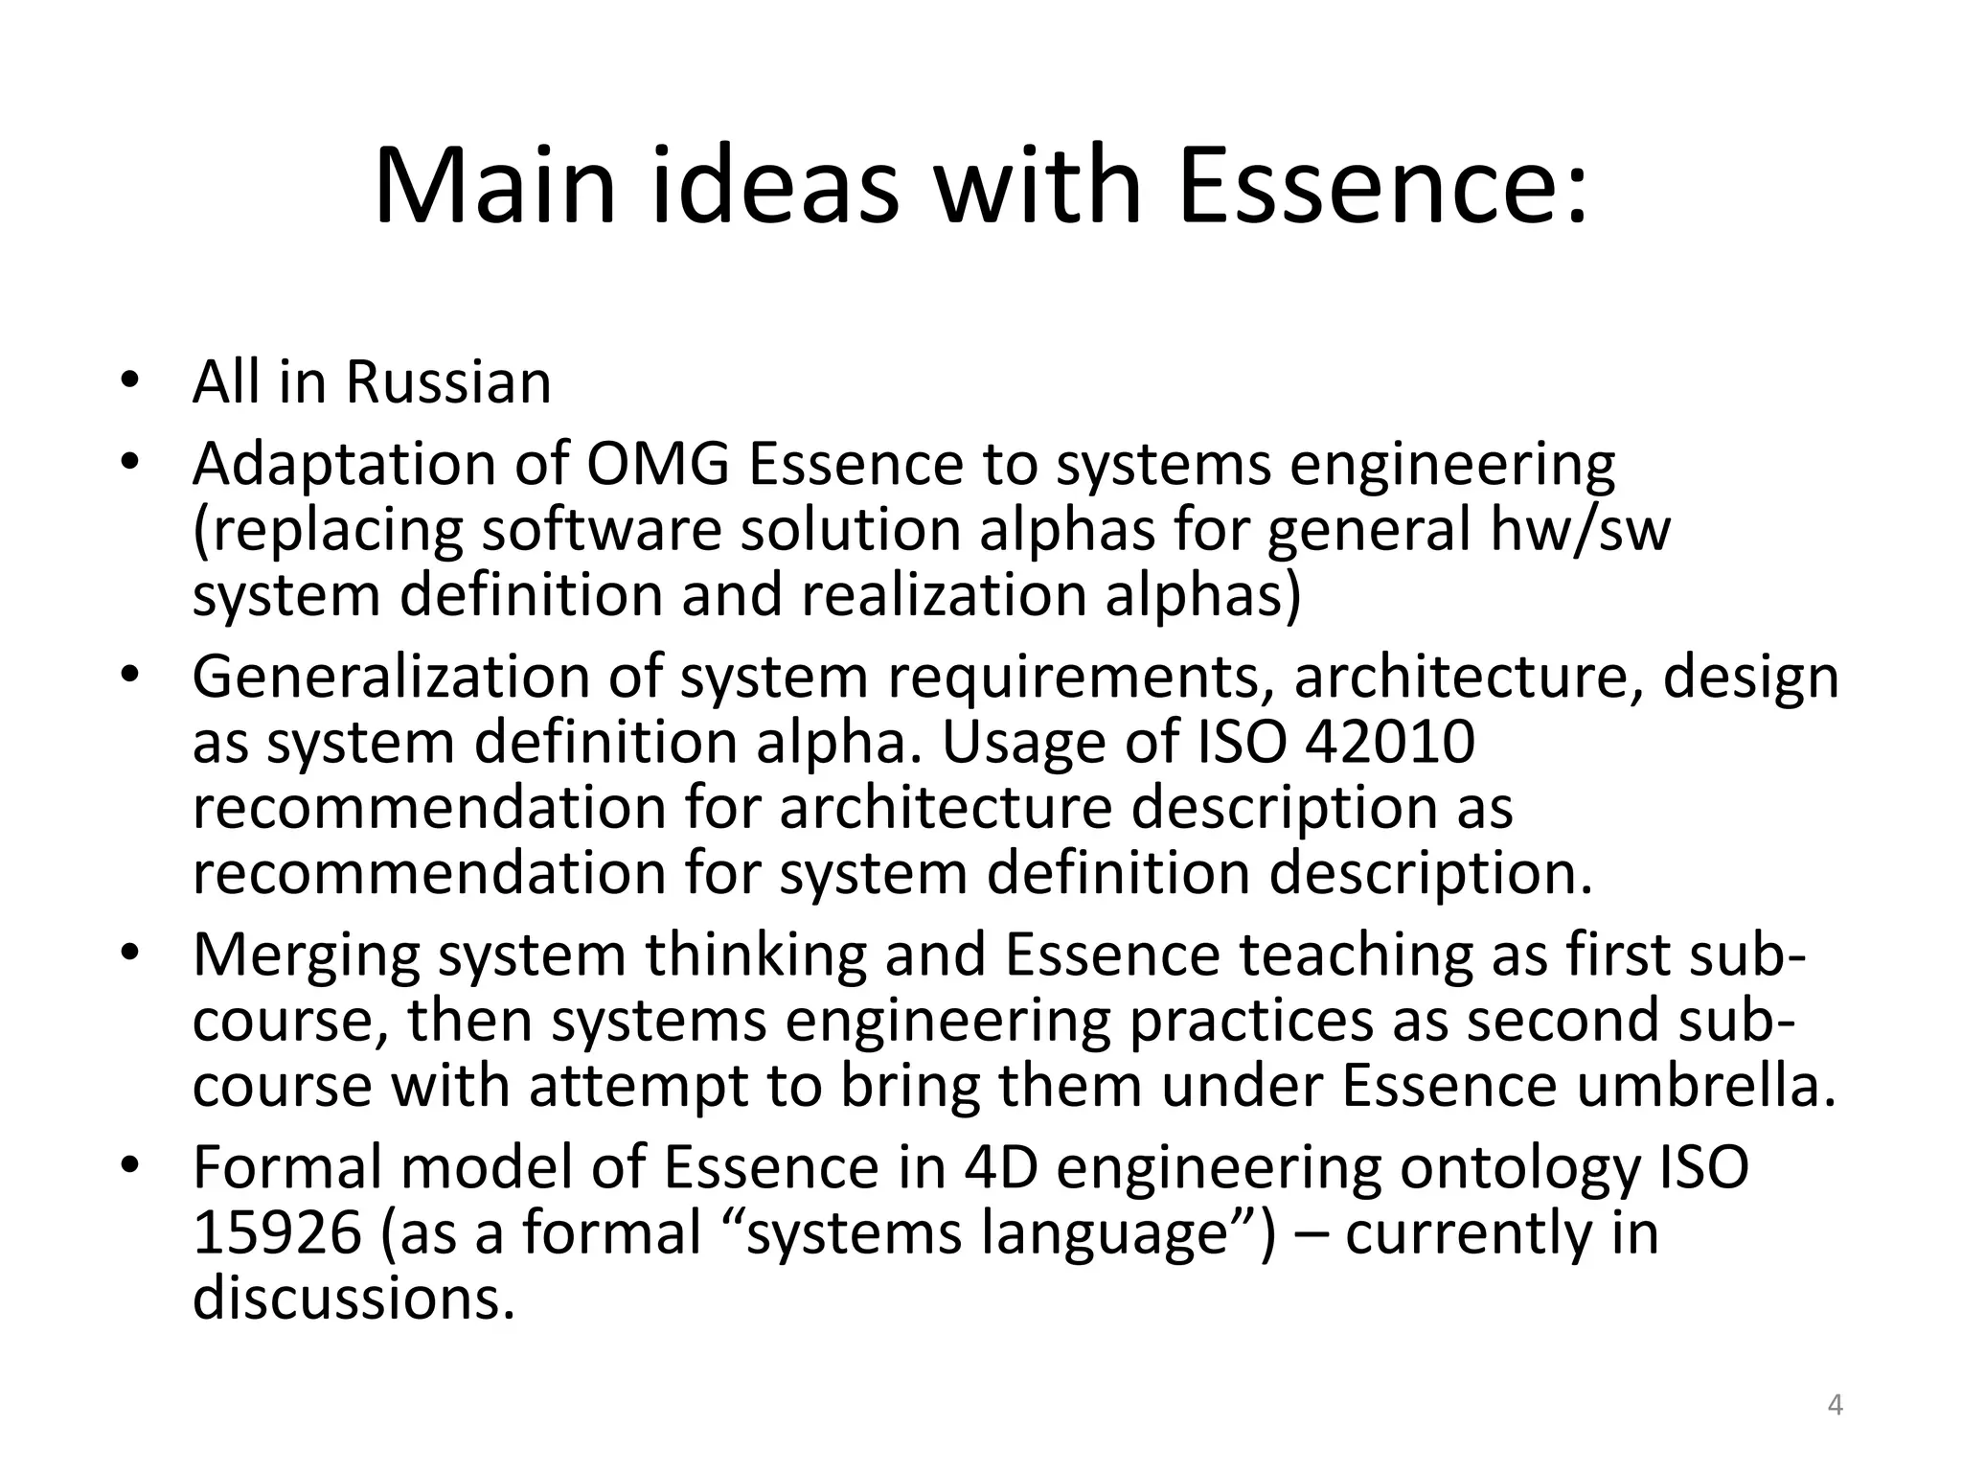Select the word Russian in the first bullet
point(447,382)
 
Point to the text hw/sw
point(1580,530)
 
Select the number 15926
point(278,1233)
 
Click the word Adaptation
point(344,465)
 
